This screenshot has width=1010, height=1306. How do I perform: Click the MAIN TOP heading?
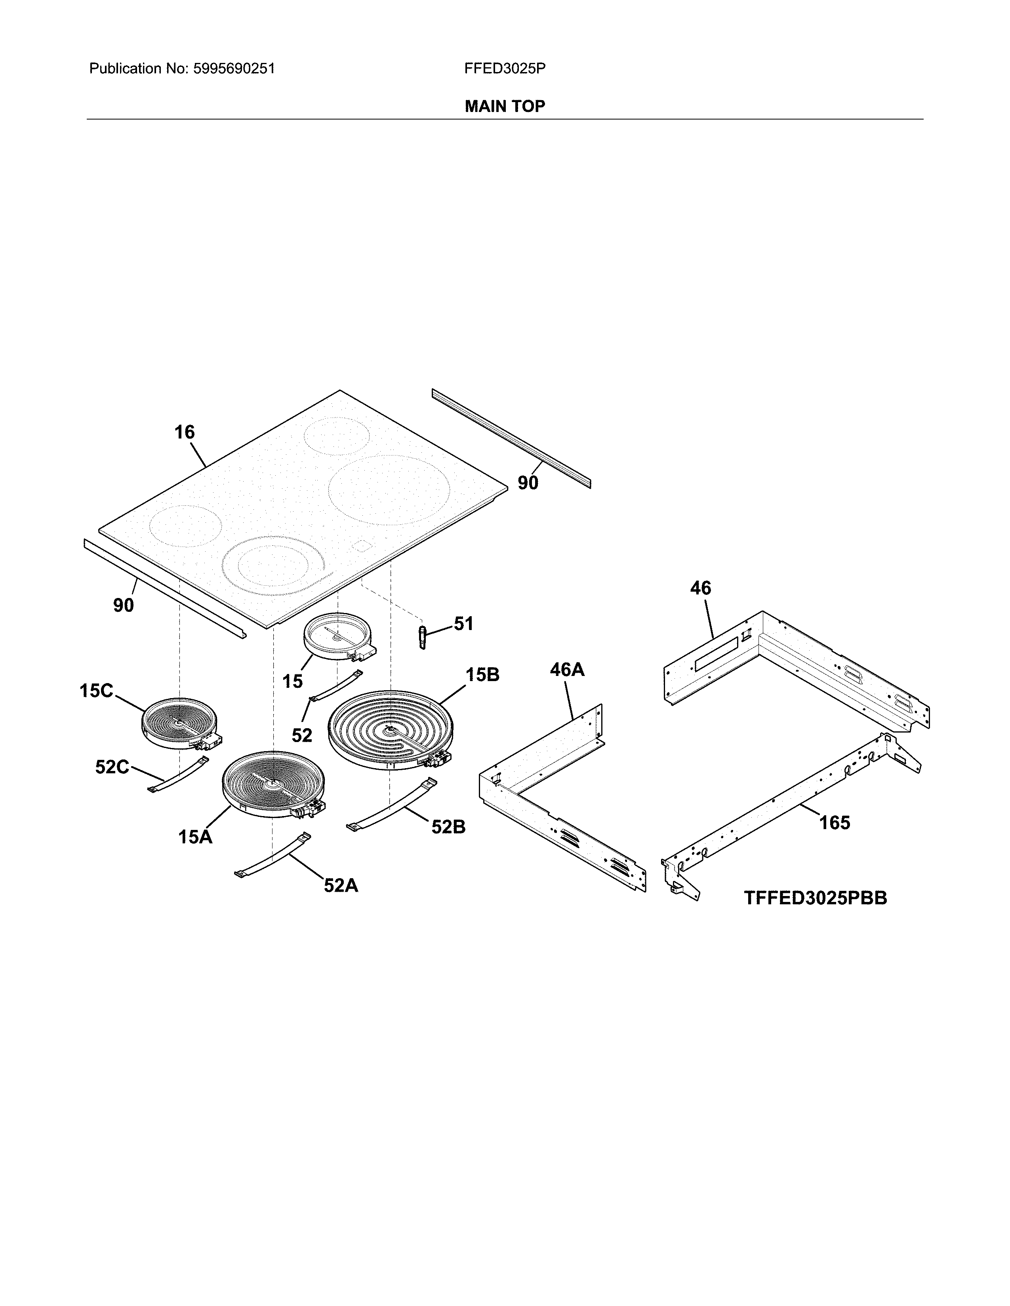(x=504, y=106)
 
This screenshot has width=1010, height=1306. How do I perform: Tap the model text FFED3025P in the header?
(x=504, y=69)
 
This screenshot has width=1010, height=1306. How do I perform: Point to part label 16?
(x=184, y=432)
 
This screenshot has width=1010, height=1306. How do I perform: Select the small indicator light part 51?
(x=423, y=637)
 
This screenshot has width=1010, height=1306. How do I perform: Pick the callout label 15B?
(x=482, y=675)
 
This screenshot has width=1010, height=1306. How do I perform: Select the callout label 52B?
(x=448, y=827)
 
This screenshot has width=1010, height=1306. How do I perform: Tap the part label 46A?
(x=567, y=669)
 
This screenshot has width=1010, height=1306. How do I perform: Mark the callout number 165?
(x=834, y=823)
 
